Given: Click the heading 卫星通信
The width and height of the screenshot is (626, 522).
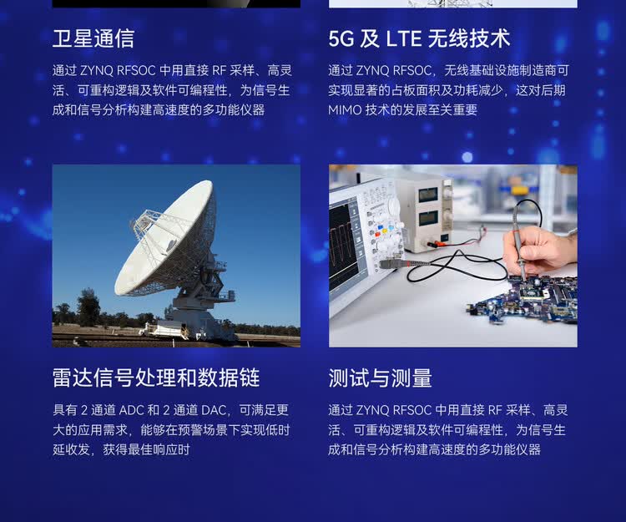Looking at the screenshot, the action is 93,38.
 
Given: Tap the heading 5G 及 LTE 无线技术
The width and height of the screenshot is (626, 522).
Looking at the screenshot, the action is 419,38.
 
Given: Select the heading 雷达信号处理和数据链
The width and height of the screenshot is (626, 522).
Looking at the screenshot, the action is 156,378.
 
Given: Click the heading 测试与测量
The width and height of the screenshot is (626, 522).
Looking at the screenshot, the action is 380,378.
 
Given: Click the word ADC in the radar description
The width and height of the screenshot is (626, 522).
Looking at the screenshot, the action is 132,410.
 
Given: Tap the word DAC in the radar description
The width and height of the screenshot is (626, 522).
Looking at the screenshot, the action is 214,410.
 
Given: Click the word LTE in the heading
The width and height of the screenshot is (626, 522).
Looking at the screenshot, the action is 404,38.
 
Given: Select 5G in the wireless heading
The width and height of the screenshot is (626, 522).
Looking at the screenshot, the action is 341,38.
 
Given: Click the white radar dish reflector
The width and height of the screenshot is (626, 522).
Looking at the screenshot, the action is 164,238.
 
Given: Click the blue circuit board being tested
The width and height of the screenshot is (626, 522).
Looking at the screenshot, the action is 527,297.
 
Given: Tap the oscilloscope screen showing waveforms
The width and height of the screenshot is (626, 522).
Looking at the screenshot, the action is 342,247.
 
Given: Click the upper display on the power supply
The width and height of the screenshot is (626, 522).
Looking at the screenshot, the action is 427,195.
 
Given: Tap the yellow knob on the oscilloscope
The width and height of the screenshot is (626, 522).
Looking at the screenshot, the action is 384,231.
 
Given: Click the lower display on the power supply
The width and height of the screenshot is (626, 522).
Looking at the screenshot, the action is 427,219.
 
